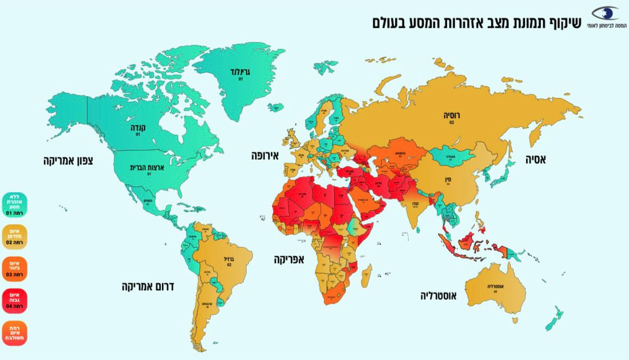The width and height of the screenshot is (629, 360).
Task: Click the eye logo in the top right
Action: (605, 15)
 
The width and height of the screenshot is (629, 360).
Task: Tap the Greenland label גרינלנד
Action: (240, 72)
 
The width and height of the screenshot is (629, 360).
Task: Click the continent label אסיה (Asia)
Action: (535, 160)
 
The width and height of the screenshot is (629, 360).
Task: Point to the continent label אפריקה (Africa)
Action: (289, 260)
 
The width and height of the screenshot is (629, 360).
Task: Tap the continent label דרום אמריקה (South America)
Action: (148, 287)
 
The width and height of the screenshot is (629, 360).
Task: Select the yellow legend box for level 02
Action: (14, 236)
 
